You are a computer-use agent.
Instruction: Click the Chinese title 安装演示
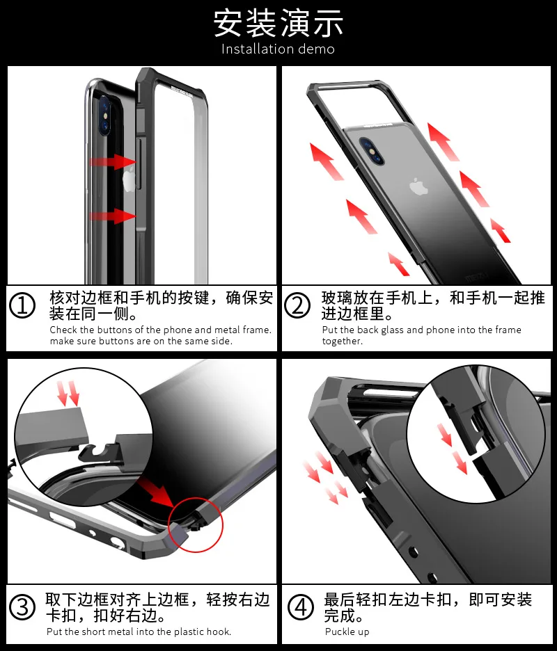pos(278,23)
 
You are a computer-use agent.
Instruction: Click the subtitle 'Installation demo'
pos(278,49)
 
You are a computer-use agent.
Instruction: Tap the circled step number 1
pos(22,306)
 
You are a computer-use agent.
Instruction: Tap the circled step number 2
pos(297,306)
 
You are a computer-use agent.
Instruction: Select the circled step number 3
pos(22,607)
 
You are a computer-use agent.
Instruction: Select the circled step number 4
pos(301,607)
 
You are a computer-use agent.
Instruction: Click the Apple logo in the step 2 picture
pos(418,186)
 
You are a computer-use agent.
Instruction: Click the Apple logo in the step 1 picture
pos(130,179)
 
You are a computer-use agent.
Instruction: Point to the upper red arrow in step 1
pos(112,161)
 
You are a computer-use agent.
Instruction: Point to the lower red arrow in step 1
pos(112,216)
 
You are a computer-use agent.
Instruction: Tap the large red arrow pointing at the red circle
pos(158,492)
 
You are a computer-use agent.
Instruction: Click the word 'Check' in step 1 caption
pos(63,330)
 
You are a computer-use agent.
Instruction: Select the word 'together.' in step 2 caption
pos(343,341)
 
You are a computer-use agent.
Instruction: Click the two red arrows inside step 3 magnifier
pos(68,393)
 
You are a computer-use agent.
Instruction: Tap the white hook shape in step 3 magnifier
pos(100,451)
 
